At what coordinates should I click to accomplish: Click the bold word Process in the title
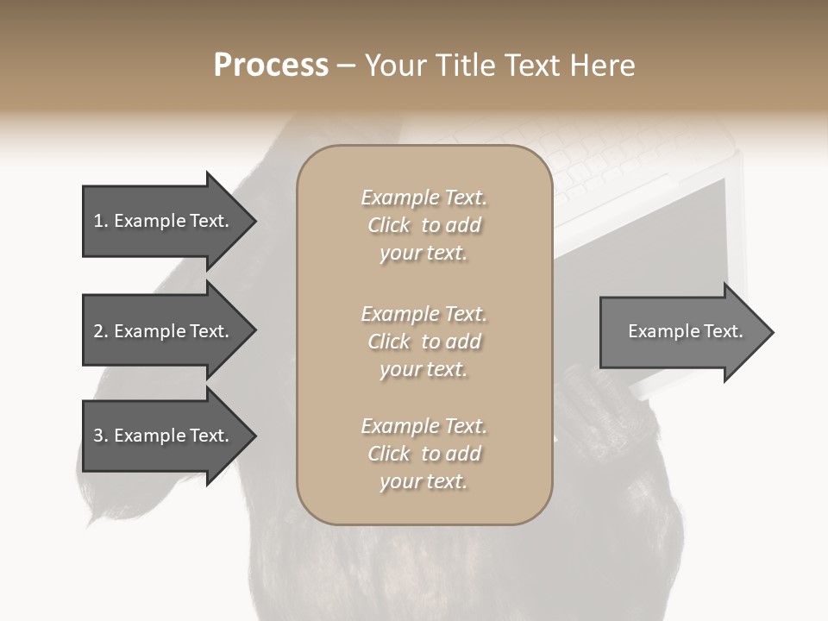(x=271, y=66)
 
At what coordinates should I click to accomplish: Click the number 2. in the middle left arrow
(x=101, y=331)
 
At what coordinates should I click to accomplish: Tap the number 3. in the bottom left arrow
(x=101, y=436)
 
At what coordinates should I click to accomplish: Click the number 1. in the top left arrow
(x=100, y=221)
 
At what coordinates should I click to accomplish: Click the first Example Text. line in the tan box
(x=423, y=198)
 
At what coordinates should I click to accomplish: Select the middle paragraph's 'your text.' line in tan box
(x=423, y=369)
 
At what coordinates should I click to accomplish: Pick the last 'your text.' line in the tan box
(x=423, y=481)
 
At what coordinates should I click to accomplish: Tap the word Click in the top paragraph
(x=389, y=225)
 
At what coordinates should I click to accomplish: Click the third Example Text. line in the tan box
(x=423, y=426)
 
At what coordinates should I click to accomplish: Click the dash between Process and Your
(x=347, y=66)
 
